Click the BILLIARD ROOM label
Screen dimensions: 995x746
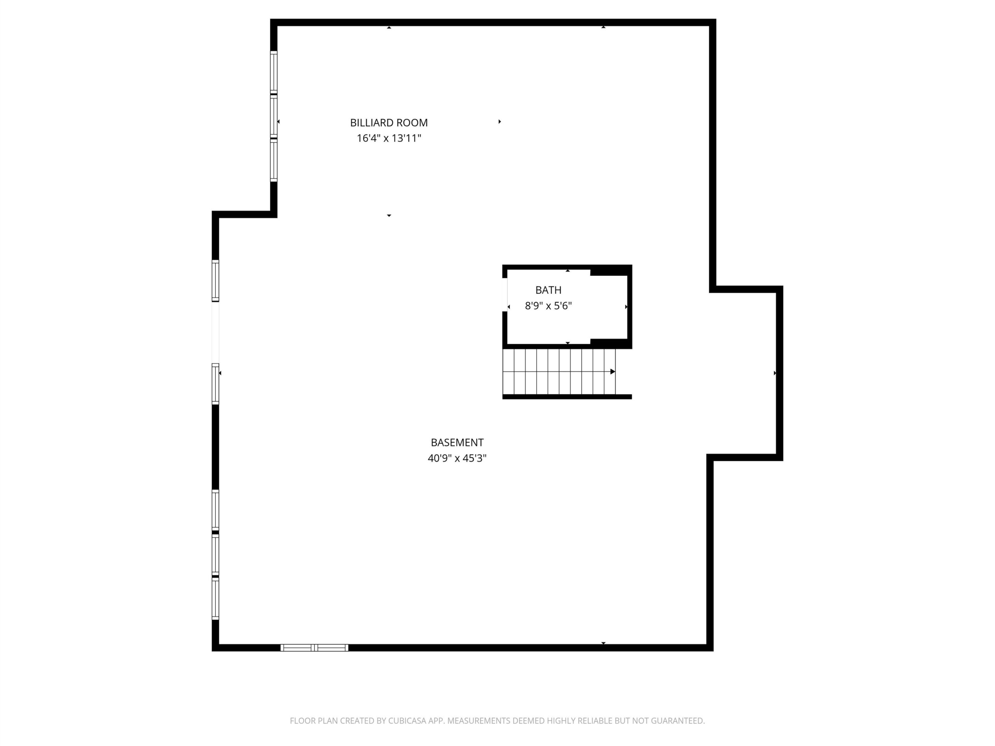(389, 122)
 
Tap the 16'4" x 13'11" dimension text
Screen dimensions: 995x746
(389, 138)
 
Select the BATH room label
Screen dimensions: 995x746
(548, 290)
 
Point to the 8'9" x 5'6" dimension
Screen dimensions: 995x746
(548, 306)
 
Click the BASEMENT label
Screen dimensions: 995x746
(457, 443)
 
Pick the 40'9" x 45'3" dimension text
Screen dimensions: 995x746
(457, 458)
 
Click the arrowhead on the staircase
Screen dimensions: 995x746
(613, 372)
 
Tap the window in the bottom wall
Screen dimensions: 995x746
(314, 648)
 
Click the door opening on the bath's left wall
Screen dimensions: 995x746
(505, 295)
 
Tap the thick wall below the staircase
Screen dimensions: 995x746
(567, 397)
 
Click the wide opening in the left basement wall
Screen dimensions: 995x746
(215, 332)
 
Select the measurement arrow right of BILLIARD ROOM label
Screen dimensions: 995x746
(499, 121)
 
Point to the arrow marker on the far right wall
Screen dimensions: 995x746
(775, 373)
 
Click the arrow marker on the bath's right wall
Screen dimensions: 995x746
(626, 307)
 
